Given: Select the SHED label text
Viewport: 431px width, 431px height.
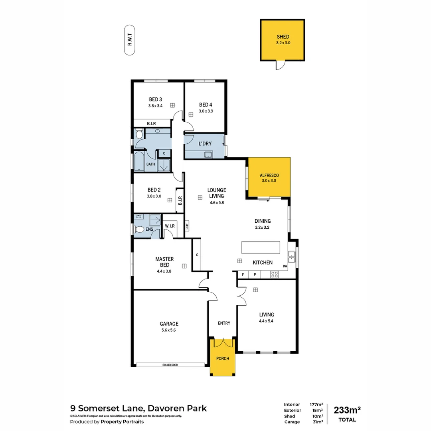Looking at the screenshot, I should click(283, 37).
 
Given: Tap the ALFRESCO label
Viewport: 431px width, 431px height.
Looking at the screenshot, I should click(269, 175).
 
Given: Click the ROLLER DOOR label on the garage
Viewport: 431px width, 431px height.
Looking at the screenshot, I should click(170, 365).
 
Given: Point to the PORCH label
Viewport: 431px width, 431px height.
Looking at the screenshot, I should click(223, 358).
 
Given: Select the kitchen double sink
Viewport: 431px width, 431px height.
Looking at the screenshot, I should click(292, 257).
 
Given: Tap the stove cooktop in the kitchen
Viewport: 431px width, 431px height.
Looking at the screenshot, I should click(275, 275).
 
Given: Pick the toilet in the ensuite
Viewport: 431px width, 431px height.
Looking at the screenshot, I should click(139, 230).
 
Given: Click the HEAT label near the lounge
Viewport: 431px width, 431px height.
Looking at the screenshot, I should click(187, 226).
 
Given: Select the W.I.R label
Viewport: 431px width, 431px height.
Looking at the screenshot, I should click(170, 226).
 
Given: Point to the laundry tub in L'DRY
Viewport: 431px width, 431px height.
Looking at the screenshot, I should click(208, 154).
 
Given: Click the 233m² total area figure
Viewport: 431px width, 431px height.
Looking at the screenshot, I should click(347, 410).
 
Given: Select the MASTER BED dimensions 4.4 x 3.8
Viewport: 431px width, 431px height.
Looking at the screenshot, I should click(164, 271).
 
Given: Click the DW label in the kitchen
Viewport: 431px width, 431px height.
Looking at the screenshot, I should click(285, 266).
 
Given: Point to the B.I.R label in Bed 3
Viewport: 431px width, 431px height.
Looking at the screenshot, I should click(151, 124).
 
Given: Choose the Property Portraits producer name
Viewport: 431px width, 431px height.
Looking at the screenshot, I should click(122, 422).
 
